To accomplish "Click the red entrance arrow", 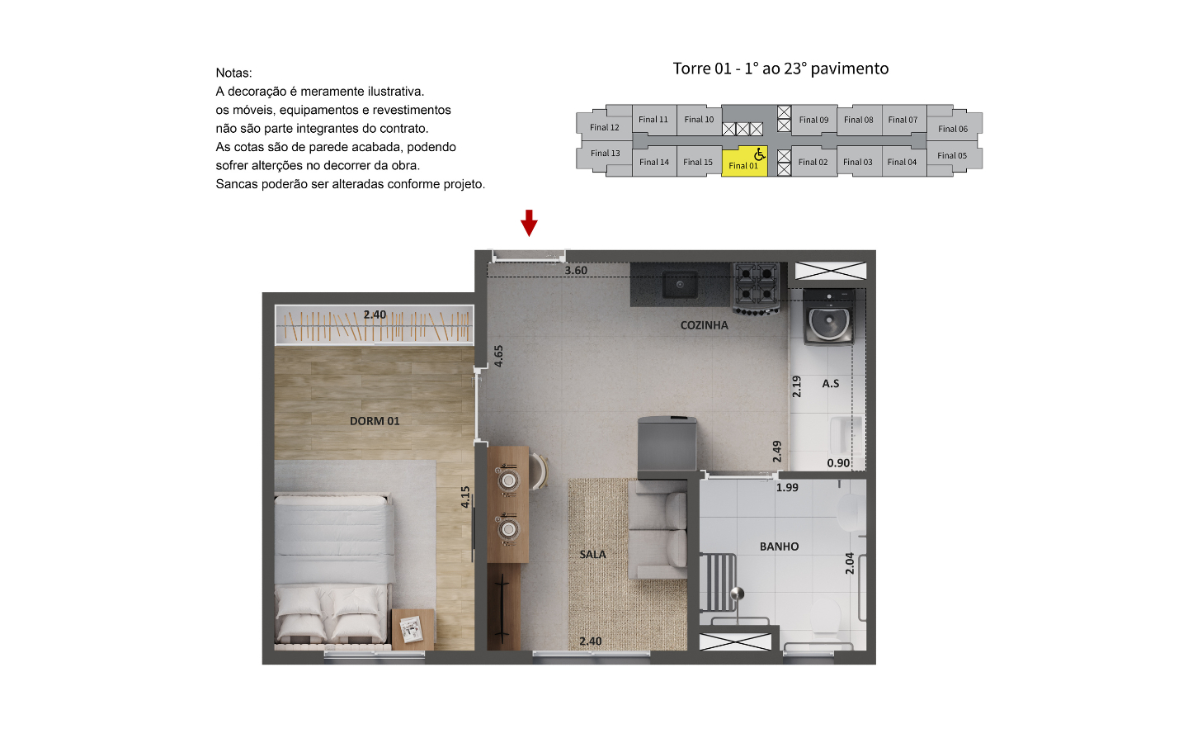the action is [529, 223].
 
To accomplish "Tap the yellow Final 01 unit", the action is [744, 161].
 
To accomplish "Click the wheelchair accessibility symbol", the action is [760, 154].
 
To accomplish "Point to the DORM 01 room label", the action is [375, 421].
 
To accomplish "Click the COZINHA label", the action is [705, 325].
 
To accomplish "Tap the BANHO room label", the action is [779, 547].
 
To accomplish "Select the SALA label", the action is [592, 555].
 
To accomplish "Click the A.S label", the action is [831, 384].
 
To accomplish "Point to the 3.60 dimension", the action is [576, 271].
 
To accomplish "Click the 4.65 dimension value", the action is [498, 356].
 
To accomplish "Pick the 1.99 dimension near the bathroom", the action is [787, 488].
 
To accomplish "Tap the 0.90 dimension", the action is [838, 463].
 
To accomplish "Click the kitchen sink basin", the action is [680, 285].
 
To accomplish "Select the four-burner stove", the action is [756, 288].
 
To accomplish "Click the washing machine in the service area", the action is [829, 317].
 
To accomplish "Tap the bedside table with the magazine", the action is [412, 629].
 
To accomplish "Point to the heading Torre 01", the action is [702, 69].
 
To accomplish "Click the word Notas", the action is [233, 73].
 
